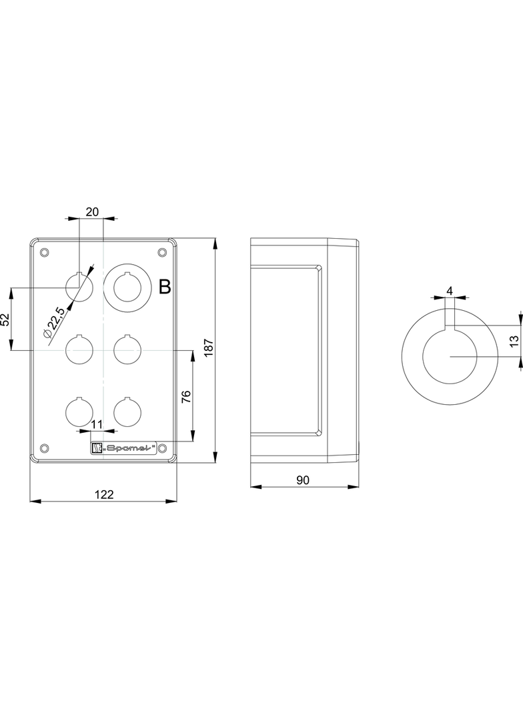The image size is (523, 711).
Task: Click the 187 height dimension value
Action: click(x=208, y=347)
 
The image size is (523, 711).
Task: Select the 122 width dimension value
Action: click(x=104, y=494)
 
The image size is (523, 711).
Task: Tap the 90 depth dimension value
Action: click(x=303, y=480)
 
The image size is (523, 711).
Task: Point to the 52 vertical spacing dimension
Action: click(x=5, y=319)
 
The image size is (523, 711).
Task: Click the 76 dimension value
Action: click(x=186, y=396)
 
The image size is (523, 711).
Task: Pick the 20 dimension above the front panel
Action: click(x=92, y=211)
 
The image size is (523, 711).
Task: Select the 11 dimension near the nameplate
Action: click(x=97, y=424)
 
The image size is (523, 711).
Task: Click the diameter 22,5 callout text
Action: click(x=55, y=322)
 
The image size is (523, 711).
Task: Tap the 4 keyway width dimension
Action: click(x=450, y=291)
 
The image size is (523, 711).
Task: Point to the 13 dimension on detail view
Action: click(x=514, y=341)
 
